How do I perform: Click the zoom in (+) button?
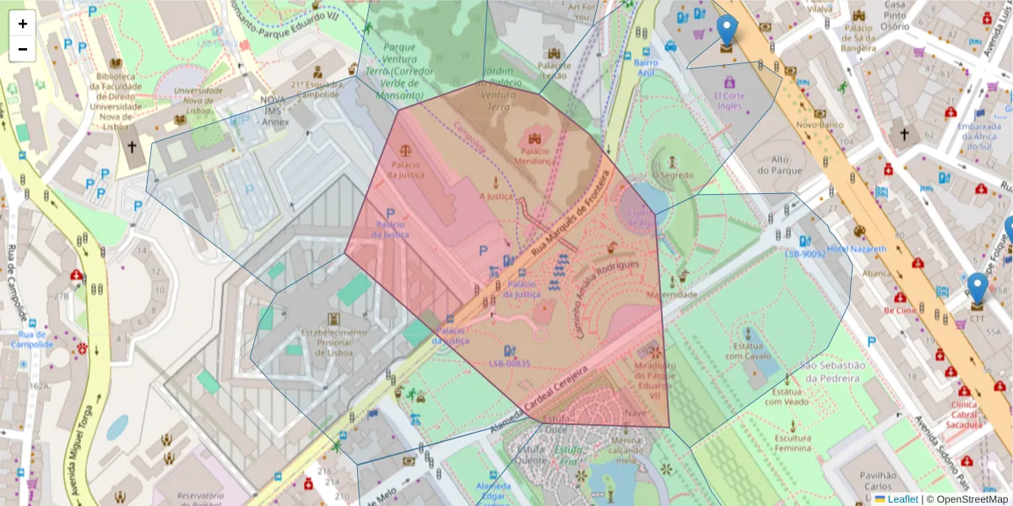[23, 24]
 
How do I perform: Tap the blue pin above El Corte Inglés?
[726, 30]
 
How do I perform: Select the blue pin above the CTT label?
[978, 288]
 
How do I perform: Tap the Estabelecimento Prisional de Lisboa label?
[335, 342]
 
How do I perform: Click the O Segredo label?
[672, 176]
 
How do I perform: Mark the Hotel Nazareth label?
[857, 250]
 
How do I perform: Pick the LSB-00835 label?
[509, 363]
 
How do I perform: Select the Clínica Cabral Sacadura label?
[963, 415]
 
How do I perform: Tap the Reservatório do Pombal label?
[190, 499]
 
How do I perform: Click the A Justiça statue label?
[496, 196]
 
